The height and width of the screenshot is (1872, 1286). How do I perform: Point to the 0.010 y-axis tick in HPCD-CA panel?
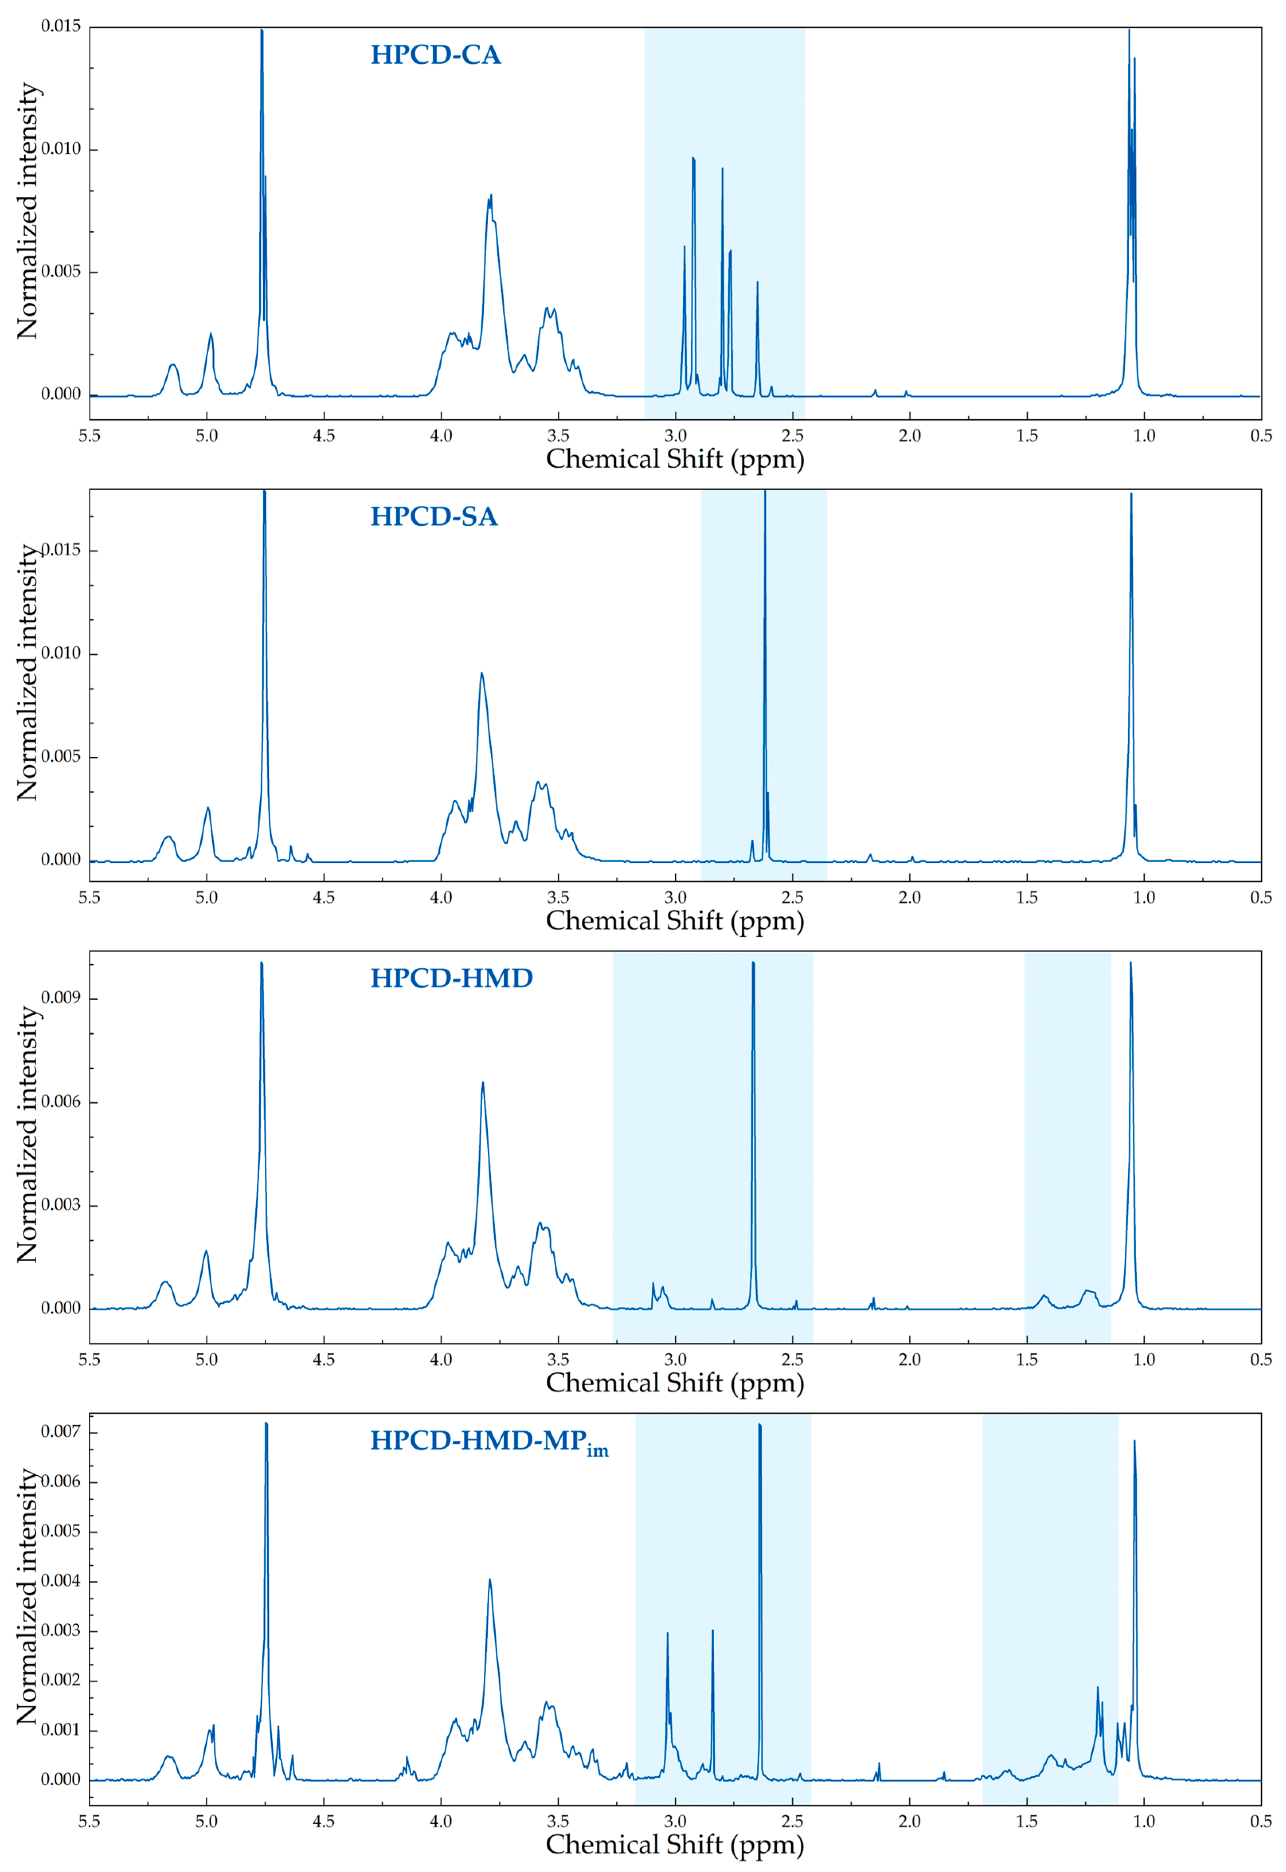coord(61,149)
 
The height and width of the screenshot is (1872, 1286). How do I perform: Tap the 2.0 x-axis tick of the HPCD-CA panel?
coord(910,436)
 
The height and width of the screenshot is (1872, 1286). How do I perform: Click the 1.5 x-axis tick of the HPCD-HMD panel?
coord(1026,1359)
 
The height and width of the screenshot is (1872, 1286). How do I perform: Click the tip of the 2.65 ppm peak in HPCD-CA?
coord(757,282)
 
